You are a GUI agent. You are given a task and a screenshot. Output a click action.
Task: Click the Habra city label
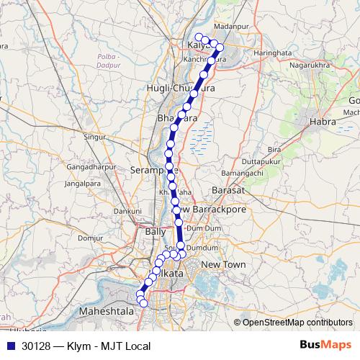point(323,122)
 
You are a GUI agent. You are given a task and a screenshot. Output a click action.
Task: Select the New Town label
point(223,265)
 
